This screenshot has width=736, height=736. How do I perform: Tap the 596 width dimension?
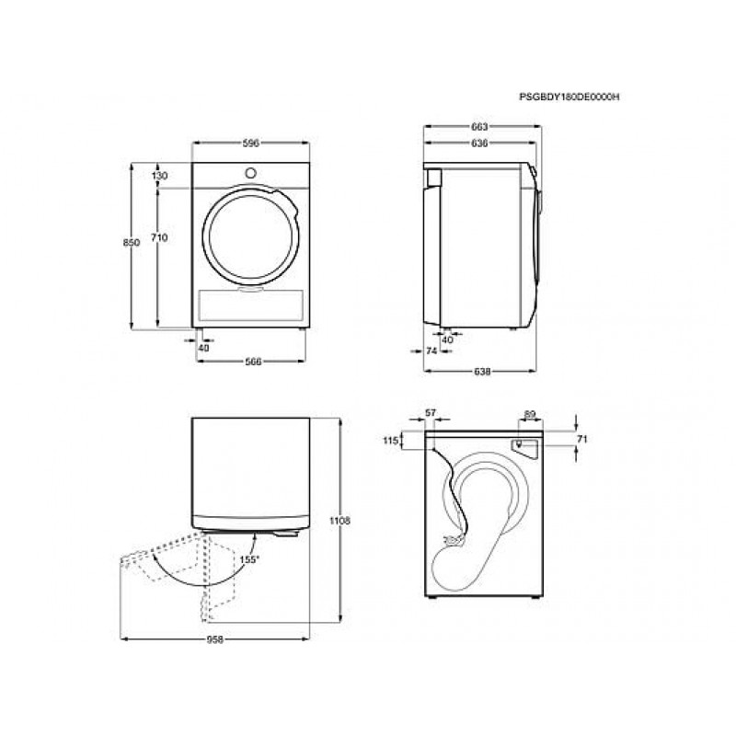tap(250, 144)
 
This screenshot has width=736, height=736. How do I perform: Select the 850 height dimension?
tap(132, 243)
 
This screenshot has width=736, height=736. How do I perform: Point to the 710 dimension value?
tap(159, 238)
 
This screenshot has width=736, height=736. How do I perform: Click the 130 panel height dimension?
tap(159, 176)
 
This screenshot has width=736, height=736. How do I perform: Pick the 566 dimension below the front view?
tap(252, 362)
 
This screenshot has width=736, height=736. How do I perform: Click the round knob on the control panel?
tap(250, 173)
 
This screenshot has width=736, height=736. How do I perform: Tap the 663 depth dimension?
tap(479, 126)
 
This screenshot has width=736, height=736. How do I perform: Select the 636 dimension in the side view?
tap(479, 144)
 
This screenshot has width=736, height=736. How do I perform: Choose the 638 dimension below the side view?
tap(482, 372)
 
